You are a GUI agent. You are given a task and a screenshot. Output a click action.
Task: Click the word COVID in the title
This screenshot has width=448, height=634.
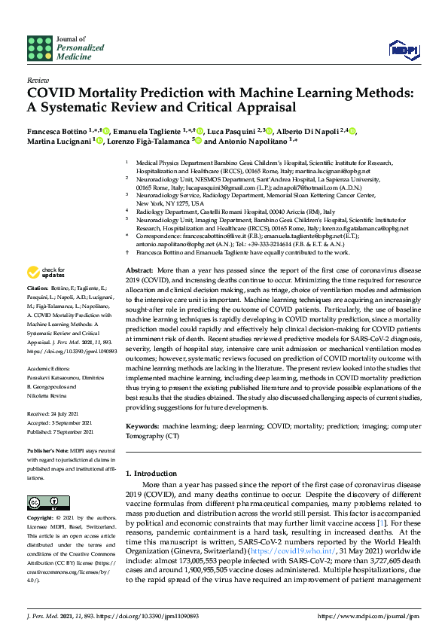click(56, 93)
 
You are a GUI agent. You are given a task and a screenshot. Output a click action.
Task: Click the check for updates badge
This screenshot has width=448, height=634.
click(47, 273)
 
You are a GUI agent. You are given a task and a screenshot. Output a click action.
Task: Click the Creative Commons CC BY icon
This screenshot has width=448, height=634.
click(38, 502)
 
